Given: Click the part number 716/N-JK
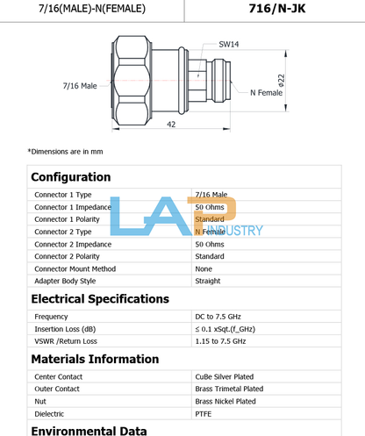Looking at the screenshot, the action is tap(277, 9).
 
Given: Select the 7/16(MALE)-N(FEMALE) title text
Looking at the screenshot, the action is tap(92, 9).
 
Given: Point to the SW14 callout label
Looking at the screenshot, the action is tap(229, 45).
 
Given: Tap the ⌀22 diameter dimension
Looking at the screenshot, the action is tap(282, 81).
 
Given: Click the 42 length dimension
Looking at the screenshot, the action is tap(171, 125).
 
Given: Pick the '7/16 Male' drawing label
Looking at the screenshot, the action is tap(80, 86).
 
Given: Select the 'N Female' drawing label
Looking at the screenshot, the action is tap(267, 93).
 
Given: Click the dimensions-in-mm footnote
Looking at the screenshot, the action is tap(65, 152).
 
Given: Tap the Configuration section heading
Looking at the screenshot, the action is tap(71, 177).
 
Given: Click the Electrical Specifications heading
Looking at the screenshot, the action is tap(100, 299).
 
